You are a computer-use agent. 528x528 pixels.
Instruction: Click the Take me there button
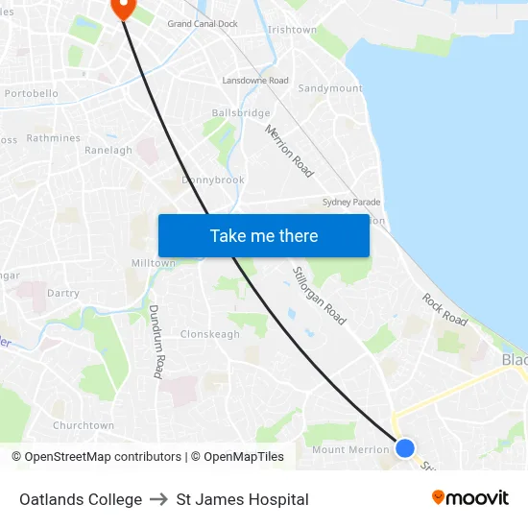click(264, 235)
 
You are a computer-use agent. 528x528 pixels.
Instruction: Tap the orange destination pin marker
click(124, 8)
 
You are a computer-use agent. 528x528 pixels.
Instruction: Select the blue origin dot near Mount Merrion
click(405, 447)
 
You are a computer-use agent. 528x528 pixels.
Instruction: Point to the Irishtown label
click(292, 30)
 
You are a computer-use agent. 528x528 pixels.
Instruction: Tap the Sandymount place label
click(330, 88)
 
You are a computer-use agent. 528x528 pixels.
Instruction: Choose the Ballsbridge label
click(241, 112)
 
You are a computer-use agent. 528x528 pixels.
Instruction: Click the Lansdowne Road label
click(255, 81)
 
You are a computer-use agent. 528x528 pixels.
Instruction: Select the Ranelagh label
click(108, 151)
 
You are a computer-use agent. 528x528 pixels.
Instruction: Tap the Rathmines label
click(54, 138)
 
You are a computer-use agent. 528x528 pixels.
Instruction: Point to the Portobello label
click(32, 94)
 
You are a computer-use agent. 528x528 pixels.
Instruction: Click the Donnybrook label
click(213, 180)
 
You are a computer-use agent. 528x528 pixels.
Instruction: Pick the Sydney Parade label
click(351, 203)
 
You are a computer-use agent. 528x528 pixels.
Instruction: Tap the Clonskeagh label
click(210, 334)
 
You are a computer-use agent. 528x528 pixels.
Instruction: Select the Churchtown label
click(84, 425)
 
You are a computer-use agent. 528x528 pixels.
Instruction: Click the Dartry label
click(62, 293)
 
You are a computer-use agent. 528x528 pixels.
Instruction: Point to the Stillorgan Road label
click(319, 295)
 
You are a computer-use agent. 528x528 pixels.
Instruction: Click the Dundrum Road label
click(156, 341)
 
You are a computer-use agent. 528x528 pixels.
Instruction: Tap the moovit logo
click(469, 498)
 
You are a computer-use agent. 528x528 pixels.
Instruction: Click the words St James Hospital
click(242, 499)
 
